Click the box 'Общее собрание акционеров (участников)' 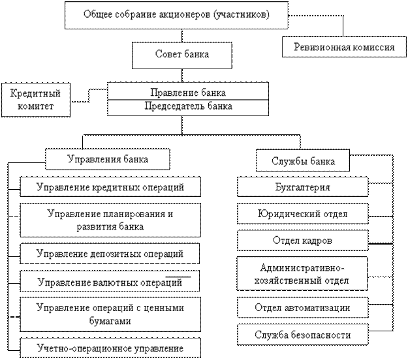point(176,15)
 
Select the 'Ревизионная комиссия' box point(344,47)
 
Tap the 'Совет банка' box point(182,55)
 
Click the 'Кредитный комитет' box point(36,100)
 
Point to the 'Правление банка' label point(188,93)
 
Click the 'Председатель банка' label point(188,106)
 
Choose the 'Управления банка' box point(108,159)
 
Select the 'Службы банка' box point(303,160)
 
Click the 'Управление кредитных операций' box point(110,187)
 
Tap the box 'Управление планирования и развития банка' point(110,220)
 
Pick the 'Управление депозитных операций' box point(110,254)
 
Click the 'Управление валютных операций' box point(110,281)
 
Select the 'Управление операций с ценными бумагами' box point(110,314)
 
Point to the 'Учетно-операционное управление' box point(110,348)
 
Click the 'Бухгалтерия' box point(303,187)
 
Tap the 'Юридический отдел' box point(303,214)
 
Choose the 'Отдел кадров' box point(303,241)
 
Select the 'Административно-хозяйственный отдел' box point(302,273)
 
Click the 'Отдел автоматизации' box point(303,307)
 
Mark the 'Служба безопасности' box point(303,335)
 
